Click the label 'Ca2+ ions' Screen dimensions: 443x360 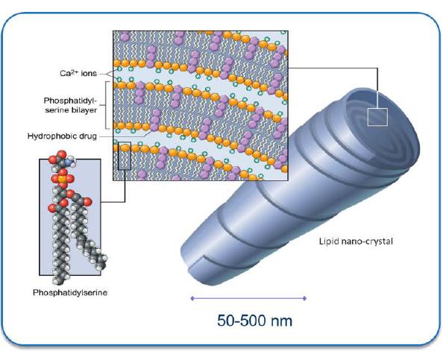coord(78,73)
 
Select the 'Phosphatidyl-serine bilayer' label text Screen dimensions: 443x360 coord(70,105)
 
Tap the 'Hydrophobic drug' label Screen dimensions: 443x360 coord(62,136)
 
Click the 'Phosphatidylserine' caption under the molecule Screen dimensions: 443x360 coord(70,292)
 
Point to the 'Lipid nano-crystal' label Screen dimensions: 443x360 coord(356,241)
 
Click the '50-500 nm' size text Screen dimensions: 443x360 coord(255,320)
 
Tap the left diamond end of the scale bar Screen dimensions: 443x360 coord(192,298)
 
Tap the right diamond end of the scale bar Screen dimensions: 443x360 coord(304,298)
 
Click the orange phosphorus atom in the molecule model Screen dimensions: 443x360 coord(63,179)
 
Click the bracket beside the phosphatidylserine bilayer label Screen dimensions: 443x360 coord(106,105)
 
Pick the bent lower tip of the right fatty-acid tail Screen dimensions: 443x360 coord(102,265)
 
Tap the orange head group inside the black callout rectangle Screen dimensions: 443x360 coord(125,147)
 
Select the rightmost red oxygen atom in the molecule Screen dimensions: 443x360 coord(87,201)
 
